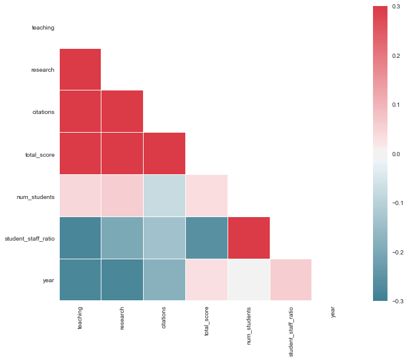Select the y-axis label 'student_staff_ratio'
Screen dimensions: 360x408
tap(30, 238)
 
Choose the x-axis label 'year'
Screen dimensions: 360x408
tap(333, 312)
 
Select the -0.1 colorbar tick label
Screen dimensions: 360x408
tap(397, 203)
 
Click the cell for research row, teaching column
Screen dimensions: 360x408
tap(80, 69)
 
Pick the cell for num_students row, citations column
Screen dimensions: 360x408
tap(165, 196)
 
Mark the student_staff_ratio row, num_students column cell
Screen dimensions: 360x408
tap(249, 238)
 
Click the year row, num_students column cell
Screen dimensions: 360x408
tap(249, 280)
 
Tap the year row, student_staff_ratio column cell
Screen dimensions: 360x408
tap(291, 280)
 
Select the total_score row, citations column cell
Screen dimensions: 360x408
tap(165, 154)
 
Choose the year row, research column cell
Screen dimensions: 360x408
tap(123, 280)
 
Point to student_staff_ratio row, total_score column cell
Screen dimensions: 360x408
tap(207, 238)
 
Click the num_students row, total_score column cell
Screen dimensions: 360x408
tap(207, 196)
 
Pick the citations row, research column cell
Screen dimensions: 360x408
tap(123, 112)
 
